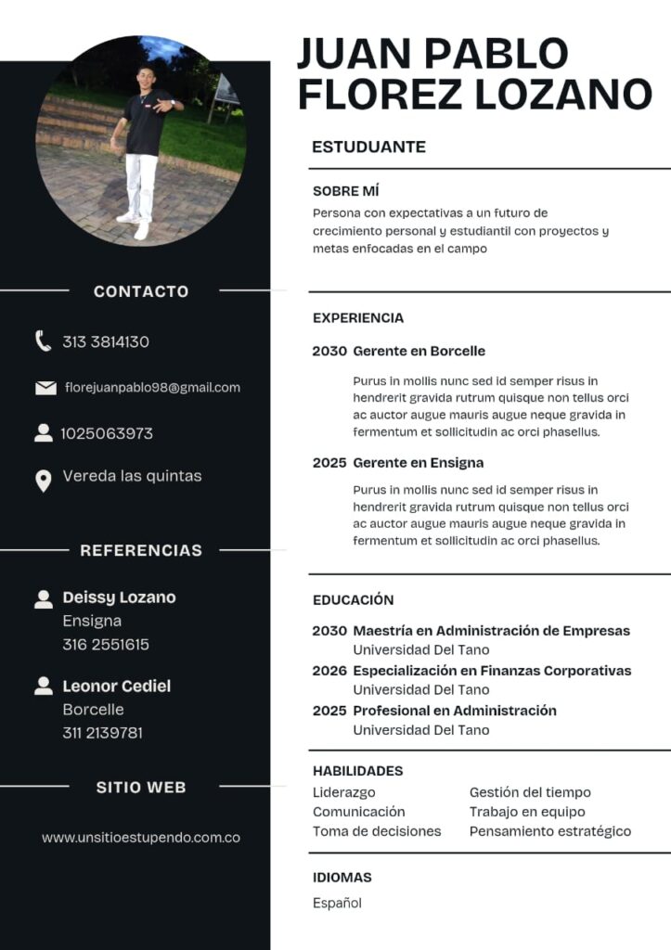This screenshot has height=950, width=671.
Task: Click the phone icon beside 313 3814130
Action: point(43,341)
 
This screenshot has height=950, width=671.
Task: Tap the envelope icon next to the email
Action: point(45,388)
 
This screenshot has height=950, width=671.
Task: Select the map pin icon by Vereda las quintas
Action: point(43,481)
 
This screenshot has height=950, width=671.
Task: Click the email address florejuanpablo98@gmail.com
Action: point(152,388)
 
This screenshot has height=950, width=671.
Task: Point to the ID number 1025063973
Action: point(107,433)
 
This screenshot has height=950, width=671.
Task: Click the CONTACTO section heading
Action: point(141,291)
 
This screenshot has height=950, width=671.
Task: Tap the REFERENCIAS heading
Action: point(141,550)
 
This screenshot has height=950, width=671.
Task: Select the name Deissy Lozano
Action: point(119,597)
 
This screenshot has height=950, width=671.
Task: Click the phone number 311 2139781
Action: point(103,733)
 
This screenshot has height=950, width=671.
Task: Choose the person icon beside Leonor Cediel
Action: point(43,687)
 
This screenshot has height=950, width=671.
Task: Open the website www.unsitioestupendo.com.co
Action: point(141,838)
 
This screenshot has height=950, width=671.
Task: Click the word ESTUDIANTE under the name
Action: point(368,147)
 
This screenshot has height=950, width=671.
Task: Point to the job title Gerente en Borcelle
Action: point(419,352)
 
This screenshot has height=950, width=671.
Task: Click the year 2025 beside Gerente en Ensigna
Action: point(329,463)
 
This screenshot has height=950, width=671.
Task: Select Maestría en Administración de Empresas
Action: point(491,631)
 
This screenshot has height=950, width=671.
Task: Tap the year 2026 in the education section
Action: point(329,671)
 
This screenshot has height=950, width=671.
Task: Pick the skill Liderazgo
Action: point(344,792)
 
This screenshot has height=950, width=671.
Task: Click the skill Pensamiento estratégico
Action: point(549,831)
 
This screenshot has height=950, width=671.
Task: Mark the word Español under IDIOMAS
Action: point(337,903)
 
